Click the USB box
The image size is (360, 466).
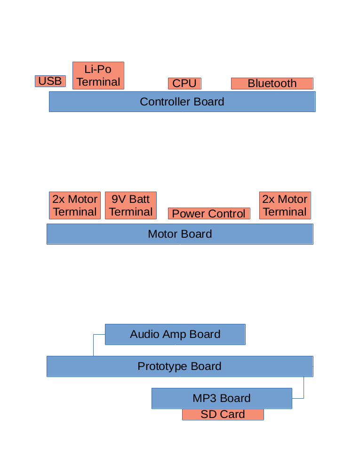click(x=50, y=81)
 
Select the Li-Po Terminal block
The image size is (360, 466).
click(x=98, y=75)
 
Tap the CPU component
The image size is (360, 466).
click(x=184, y=83)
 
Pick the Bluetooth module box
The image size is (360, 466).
click(x=272, y=83)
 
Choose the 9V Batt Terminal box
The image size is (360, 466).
click(x=130, y=205)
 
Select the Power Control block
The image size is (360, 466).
click(x=209, y=214)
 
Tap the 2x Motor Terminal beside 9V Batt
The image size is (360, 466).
click(x=75, y=205)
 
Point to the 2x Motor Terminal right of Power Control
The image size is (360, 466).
click(x=285, y=205)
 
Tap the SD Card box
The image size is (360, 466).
click(x=223, y=414)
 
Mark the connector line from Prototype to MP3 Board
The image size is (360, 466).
click(x=304, y=388)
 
